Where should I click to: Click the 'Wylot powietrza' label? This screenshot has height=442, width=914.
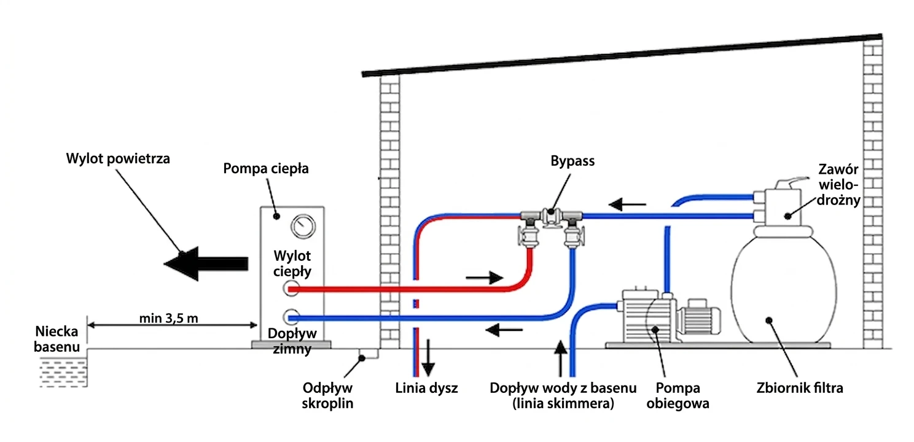click(x=118, y=158)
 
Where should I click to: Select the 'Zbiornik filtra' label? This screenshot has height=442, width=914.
click(x=809, y=388)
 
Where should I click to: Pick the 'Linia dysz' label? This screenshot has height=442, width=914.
click(x=426, y=388)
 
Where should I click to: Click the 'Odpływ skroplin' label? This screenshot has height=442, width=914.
click(x=329, y=396)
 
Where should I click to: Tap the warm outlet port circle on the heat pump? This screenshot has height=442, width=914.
click(x=292, y=287)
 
